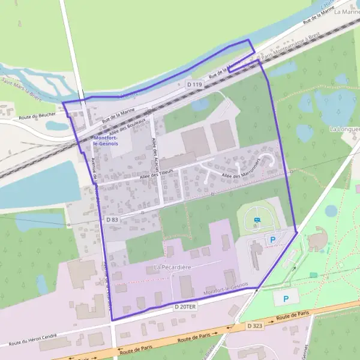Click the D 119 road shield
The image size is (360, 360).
tap(194, 86)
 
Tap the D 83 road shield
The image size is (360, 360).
tap(112, 220)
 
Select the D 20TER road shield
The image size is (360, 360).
tap(185, 307)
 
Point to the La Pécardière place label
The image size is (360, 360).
tap(172, 266)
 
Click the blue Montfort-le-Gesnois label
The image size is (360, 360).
tap(106, 141)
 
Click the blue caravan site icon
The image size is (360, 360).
tap(257, 220)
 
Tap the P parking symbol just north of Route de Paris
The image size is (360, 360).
tap(286, 298)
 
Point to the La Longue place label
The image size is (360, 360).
tap(344, 129)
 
